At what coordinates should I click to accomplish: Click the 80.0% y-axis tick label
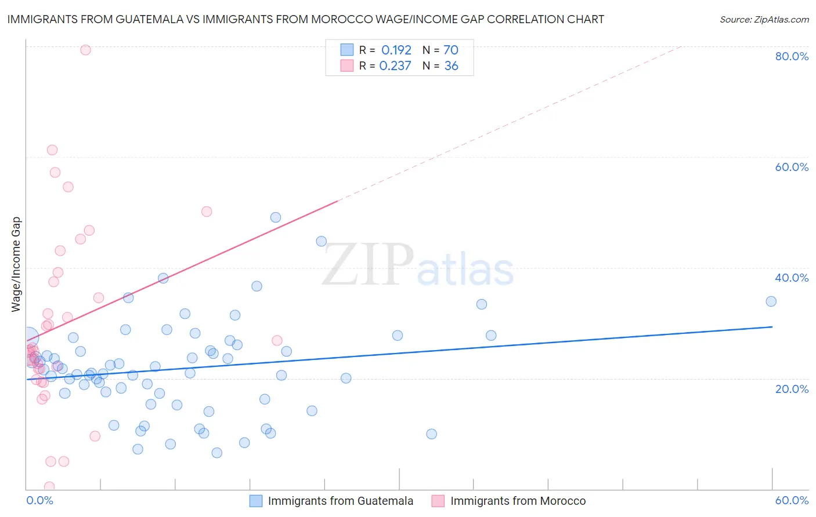click(x=792, y=56)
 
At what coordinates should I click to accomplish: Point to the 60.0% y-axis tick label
click(x=792, y=167)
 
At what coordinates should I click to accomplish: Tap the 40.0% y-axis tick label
click(x=792, y=278)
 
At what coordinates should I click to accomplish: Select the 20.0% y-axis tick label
click(x=792, y=389)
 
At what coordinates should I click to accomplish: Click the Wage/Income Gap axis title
click(x=16, y=264)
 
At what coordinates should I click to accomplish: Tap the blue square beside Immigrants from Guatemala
click(x=256, y=501)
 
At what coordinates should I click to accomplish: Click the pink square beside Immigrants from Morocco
click(x=438, y=501)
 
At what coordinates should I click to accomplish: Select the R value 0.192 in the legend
click(x=396, y=50)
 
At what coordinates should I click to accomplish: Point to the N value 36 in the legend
click(x=451, y=66)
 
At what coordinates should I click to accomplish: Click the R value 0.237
click(x=395, y=66)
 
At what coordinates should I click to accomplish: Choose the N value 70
click(x=451, y=50)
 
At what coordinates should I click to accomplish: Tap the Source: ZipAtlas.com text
click(x=764, y=20)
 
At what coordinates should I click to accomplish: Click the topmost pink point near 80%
click(x=85, y=50)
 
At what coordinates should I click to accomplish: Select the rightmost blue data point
click(x=771, y=301)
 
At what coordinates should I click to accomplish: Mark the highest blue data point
click(x=276, y=217)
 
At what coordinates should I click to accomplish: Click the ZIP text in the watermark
click(x=368, y=265)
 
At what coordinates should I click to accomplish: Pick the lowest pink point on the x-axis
click(x=49, y=487)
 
